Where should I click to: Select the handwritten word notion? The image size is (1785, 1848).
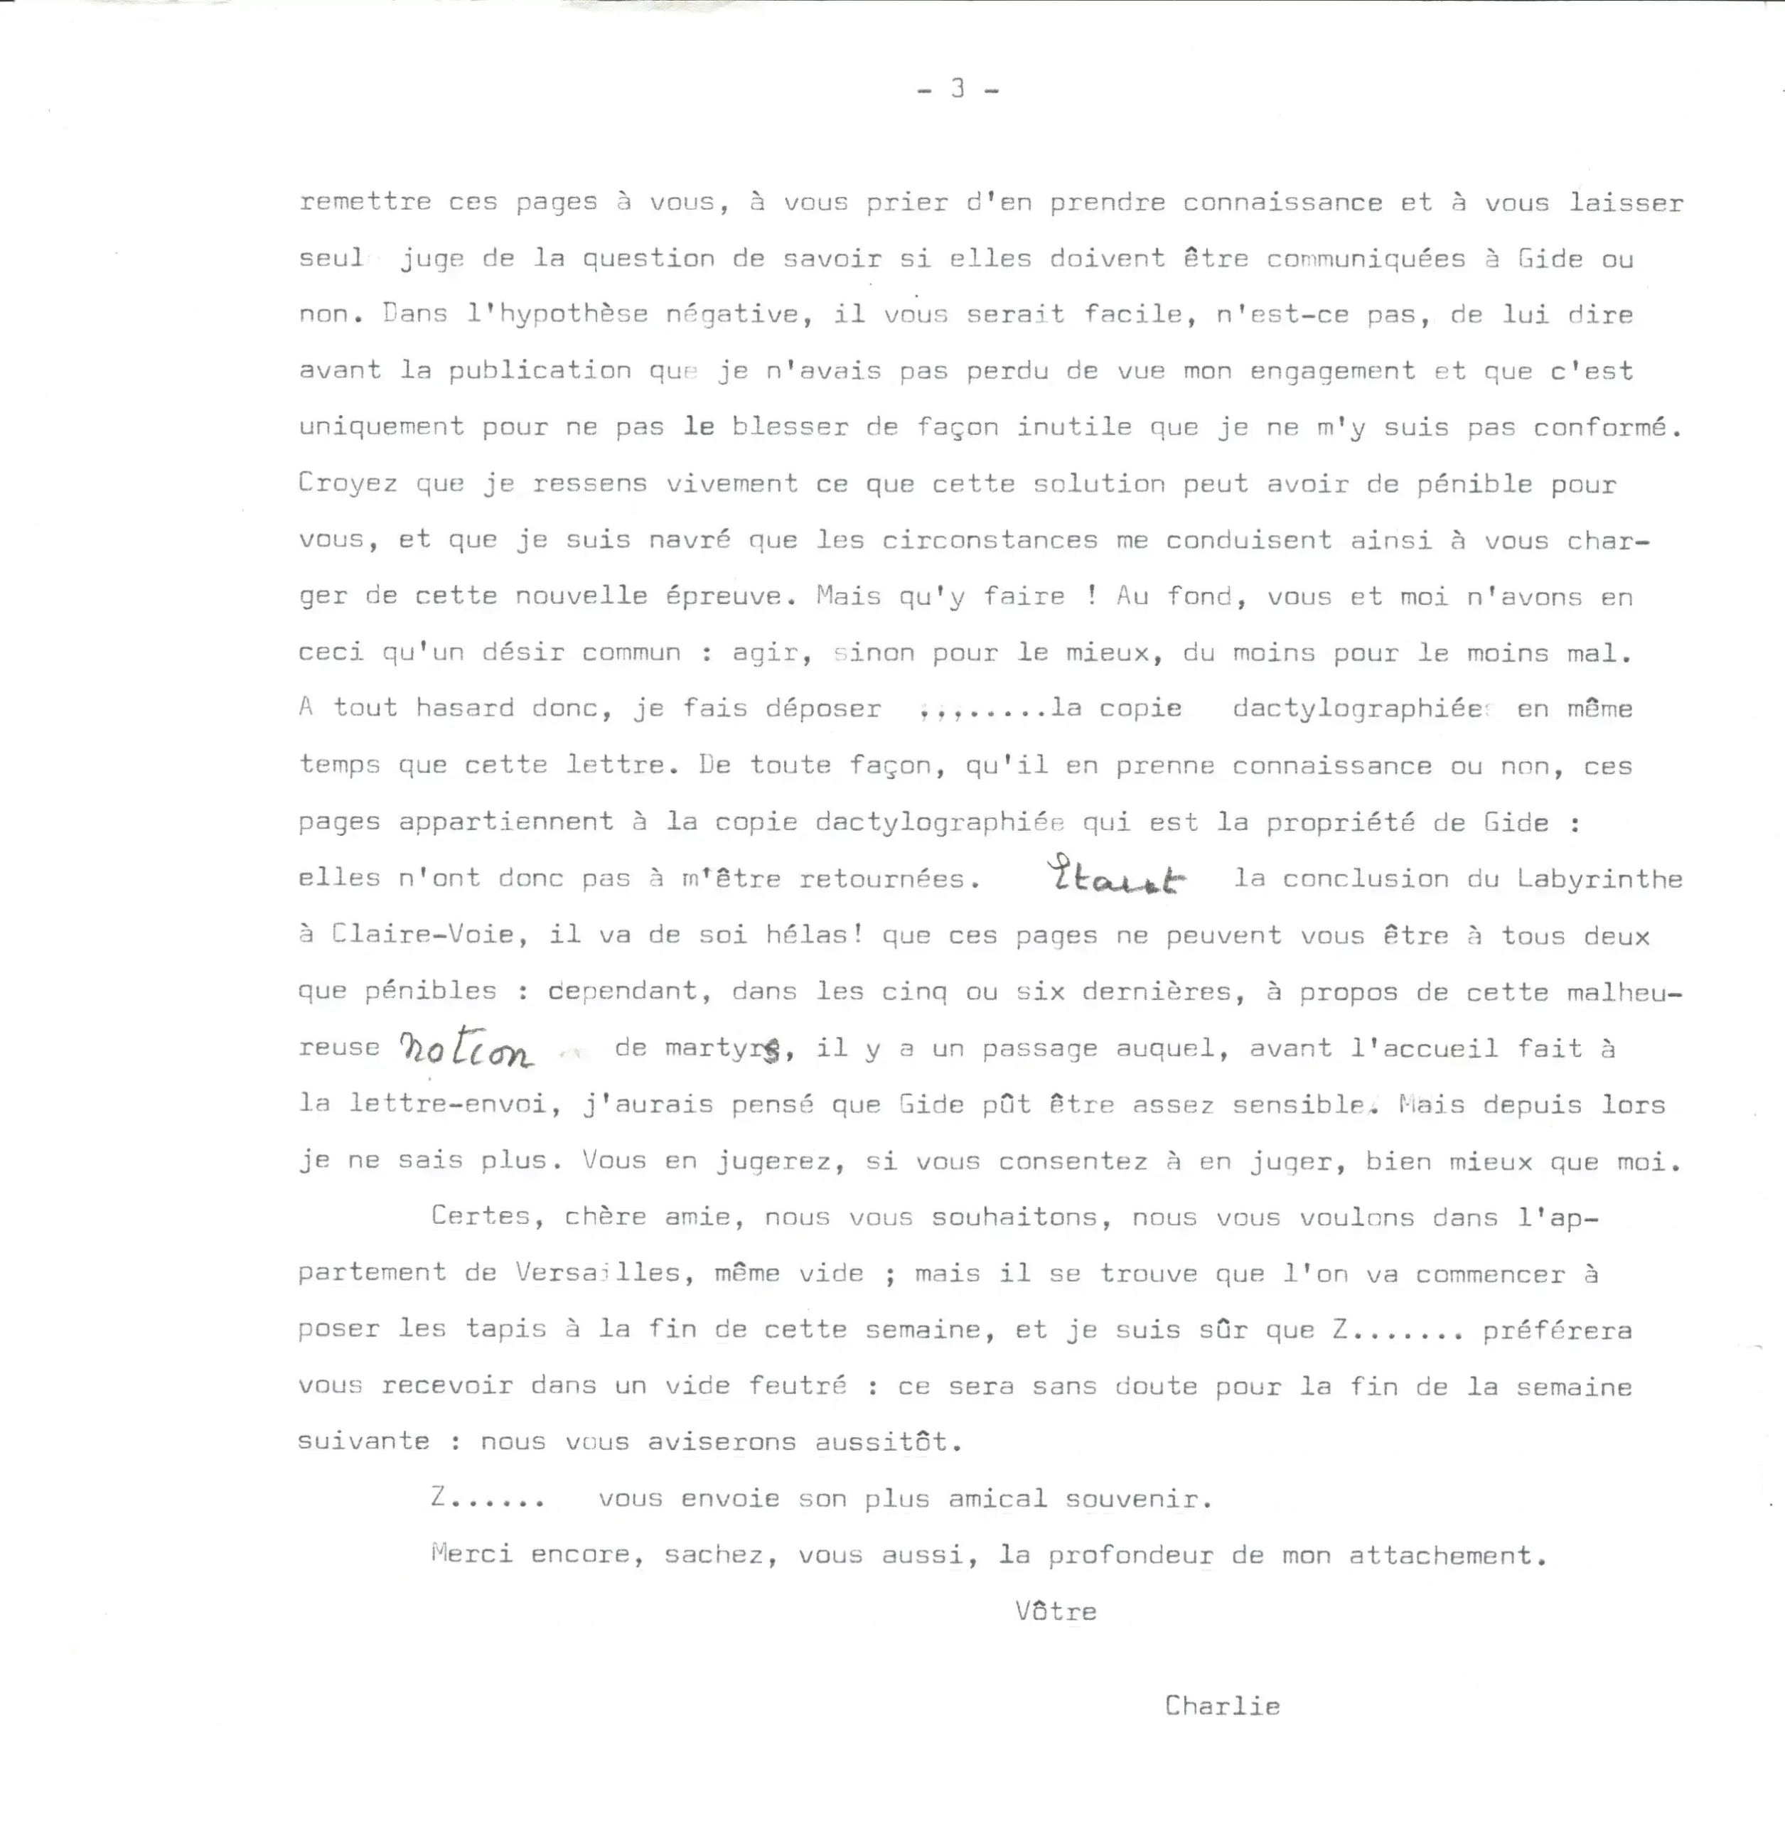point(465,1048)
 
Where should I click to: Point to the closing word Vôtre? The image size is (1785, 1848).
point(1056,1611)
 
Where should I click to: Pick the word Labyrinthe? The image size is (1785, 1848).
point(1599,879)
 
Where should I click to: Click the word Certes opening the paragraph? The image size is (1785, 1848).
point(481,1216)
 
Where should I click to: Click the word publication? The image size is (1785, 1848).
point(540,370)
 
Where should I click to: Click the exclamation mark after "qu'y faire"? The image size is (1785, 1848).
point(1091,596)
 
